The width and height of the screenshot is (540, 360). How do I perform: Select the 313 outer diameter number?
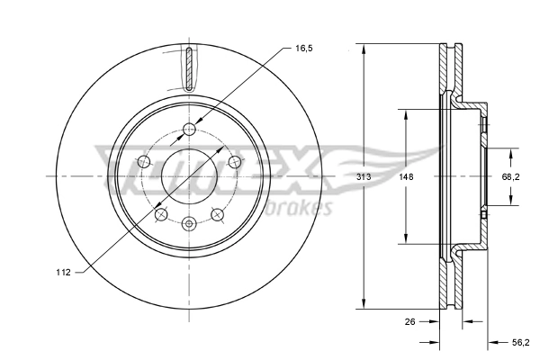coord(364,178)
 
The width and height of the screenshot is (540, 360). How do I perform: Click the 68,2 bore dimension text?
coord(510,178)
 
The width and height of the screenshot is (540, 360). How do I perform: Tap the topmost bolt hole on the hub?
coord(189,130)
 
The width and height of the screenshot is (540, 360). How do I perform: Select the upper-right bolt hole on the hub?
coord(235,160)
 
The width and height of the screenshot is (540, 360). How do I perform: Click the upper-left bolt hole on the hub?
coord(143,161)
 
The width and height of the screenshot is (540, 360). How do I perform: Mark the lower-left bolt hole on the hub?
coord(160,214)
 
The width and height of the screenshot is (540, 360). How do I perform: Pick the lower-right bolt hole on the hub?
coord(217,214)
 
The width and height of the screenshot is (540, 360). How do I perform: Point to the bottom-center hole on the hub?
coord(189,223)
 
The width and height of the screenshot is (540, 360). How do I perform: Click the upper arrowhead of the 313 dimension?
coord(364,49)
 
